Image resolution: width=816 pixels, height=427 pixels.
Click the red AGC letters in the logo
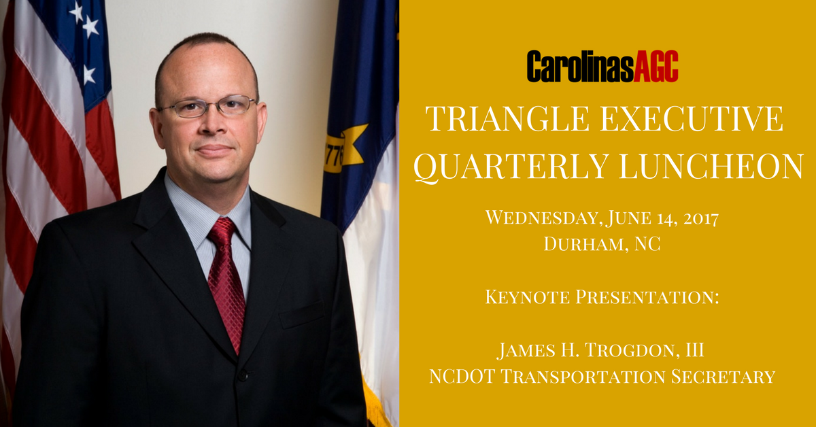point(656,66)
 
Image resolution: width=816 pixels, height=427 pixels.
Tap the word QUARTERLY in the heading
point(511,166)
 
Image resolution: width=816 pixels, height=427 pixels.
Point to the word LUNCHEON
point(711,166)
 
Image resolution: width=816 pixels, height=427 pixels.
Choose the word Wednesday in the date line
point(542,218)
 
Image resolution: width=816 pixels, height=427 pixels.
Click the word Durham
point(586,243)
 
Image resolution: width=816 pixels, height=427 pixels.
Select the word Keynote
point(527,296)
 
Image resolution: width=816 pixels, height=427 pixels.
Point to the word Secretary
point(723,377)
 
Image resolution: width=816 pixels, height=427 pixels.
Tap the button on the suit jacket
point(243,375)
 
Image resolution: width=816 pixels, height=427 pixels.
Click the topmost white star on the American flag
point(76,12)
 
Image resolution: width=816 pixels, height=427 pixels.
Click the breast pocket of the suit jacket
point(302,314)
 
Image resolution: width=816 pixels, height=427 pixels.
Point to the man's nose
point(212,124)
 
